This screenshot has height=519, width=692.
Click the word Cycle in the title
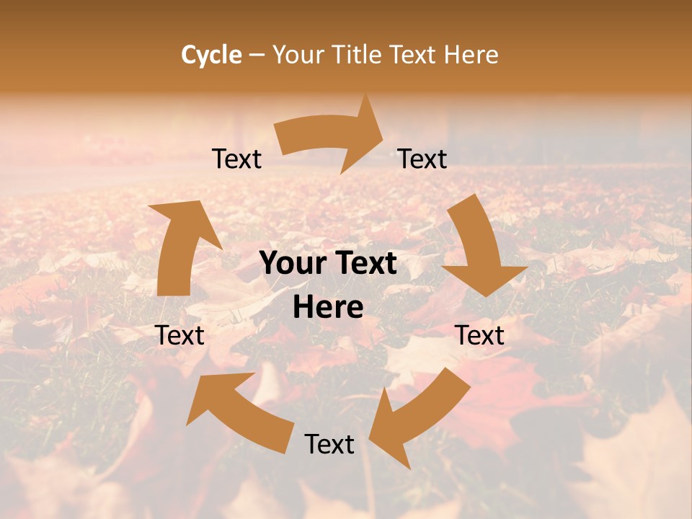(211, 55)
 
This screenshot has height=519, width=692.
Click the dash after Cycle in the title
(257, 55)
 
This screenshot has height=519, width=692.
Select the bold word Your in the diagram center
(292, 264)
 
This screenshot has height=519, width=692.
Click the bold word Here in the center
(328, 308)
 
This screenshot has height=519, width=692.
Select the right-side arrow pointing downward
(479, 249)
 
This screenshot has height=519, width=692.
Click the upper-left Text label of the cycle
(236, 159)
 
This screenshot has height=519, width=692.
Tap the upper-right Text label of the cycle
(422, 159)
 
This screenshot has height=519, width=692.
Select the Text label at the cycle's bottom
(329, 445)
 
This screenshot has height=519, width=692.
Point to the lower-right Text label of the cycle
(479, 335)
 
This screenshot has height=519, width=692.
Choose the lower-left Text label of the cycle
(179, 335)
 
